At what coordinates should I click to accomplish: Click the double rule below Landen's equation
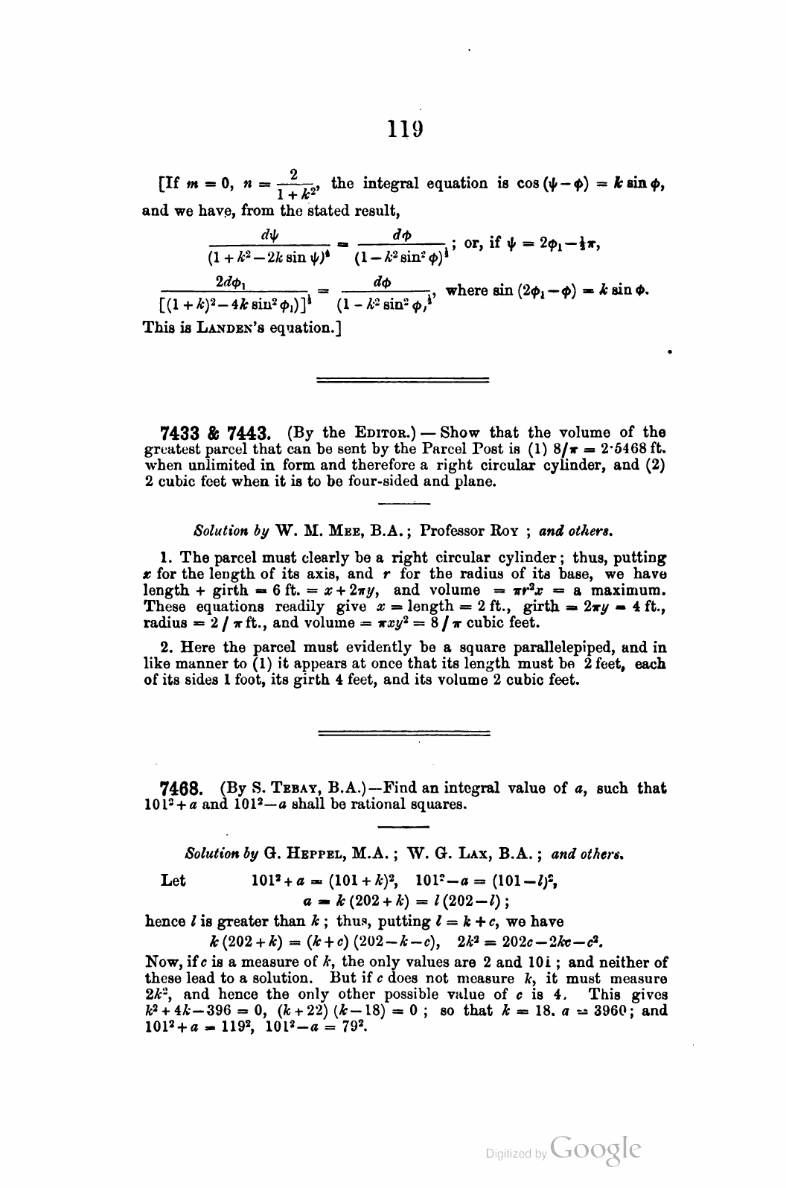coord(402,380)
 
